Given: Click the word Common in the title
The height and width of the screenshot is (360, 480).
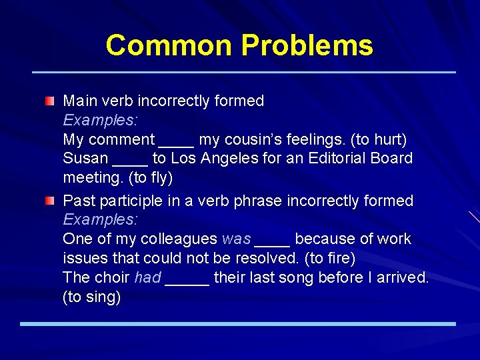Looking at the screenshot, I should click(170, 45).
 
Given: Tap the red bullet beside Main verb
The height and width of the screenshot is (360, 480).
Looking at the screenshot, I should click(51, 101).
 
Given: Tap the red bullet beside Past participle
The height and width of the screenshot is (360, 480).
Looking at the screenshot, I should click(51, 201).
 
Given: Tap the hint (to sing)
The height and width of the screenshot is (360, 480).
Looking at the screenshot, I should click(91, 297).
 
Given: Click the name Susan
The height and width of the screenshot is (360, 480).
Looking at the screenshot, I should click(85, 159).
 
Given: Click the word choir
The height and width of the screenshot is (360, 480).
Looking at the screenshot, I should click(113, 277).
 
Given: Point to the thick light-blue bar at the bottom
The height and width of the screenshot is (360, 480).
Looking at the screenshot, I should click(237, 324).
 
